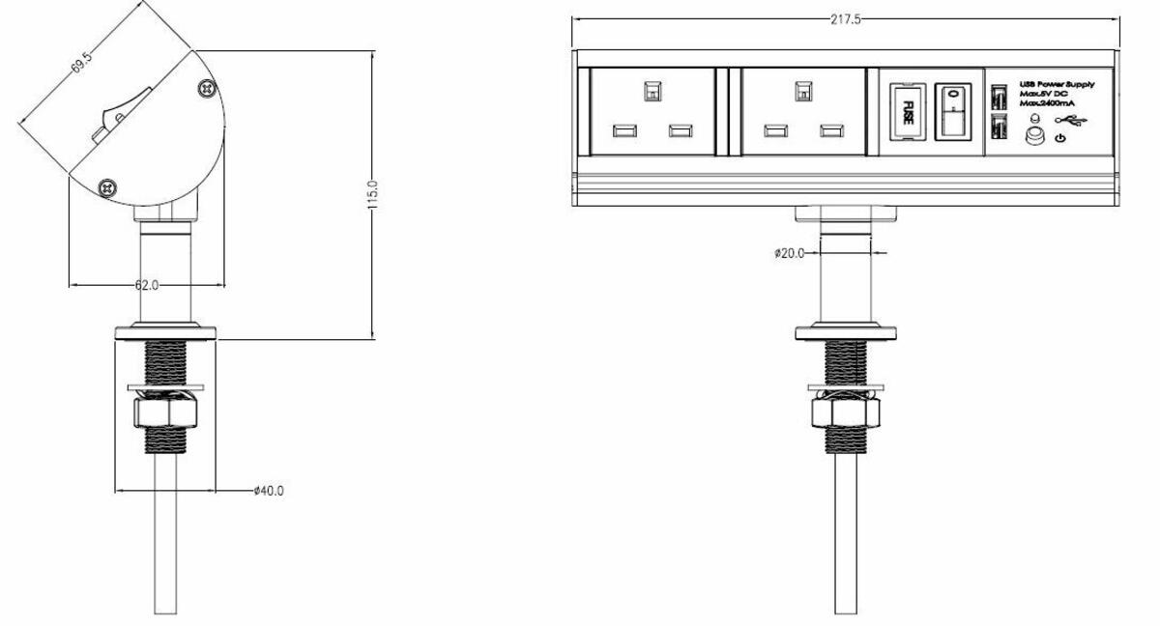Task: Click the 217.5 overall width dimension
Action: pos(845,19)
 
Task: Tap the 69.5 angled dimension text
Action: pos(82,64)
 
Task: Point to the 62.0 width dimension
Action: pos(146,285)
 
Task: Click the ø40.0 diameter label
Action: pos(268,491)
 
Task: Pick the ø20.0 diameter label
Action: pos(789,253)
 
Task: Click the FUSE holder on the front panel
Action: pos(907,112)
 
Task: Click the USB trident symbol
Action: pos(1070,120)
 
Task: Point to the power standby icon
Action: pos(1061,139)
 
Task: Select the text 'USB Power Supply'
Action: pos(1058,85)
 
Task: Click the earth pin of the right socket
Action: pos(801,91)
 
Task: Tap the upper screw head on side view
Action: pos(206,89)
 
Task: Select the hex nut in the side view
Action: pos(164,414)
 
